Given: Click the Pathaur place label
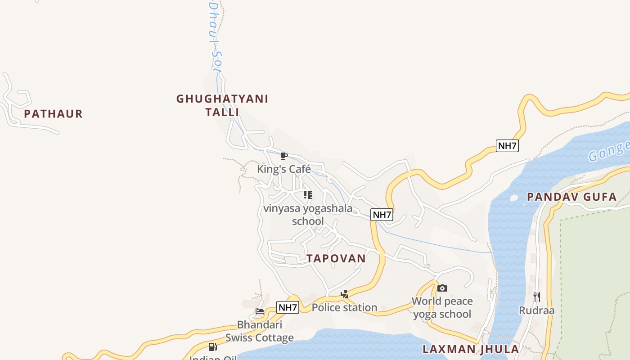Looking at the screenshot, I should pyautogui.click(x=53, y=114).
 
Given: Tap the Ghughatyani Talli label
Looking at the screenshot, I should pyautogui.click(x=222, y=105).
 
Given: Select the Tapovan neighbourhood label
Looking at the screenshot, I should pyautogui.click(x=336, y=258).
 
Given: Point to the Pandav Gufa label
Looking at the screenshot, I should pyautogui.click(x=571, y=197).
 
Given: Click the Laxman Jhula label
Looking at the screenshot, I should pyautogui.click(x=471, y=349).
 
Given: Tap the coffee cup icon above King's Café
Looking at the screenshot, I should pyautogui.click(x=283, y=156).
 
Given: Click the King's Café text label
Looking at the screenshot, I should pyautogui.click(x=283, y=169).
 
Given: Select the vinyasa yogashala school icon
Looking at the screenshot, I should pyautogui.click(x=308, y=195).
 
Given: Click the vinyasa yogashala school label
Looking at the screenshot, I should pyautogui.click(x=308, y=215).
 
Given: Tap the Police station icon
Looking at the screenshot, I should pyautogui.click(x=344, y=294).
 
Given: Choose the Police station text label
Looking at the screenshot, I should pyautogui.click(x=344, y=308).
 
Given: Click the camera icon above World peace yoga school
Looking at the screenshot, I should pyautogui.click(x=442, y=288).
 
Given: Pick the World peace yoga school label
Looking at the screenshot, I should pyautogui.click(x=442, y=307).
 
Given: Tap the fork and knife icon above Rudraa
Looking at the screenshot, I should pyautogui.click(x=536, y=297).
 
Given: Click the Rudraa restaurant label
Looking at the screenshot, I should pyautogui.click(x=536, y=310).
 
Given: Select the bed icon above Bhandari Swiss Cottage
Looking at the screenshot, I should pyautogui.click(x=260, y=311).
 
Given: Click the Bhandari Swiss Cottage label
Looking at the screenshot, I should pyautogui.click(x=260, y=331).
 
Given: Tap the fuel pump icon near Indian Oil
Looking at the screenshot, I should pyautogui.click(x=213, y=346).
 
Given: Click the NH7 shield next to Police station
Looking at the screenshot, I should pyautogui.click(x=288, y=308).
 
